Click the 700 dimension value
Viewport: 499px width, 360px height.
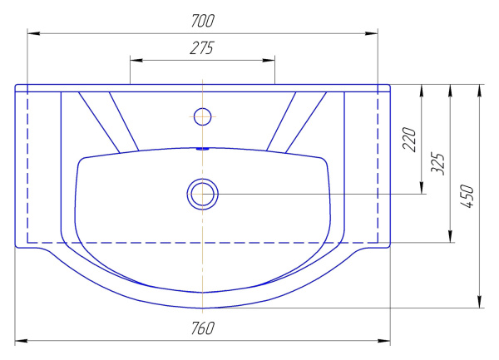203,21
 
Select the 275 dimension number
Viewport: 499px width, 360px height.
202,48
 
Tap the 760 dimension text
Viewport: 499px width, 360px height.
203,328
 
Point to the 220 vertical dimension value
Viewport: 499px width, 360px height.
409,140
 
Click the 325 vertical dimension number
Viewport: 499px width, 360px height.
437,164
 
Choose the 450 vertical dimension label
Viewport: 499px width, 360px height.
467,196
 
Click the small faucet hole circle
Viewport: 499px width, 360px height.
202,116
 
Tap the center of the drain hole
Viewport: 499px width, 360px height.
202,194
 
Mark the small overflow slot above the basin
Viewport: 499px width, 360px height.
202,149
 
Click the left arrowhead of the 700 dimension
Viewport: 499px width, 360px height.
33,33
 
